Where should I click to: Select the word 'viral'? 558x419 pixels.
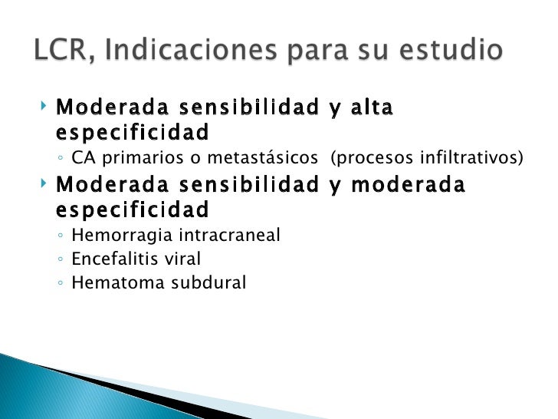coord(183,259)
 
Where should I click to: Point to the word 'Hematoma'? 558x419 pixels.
coord(111,283)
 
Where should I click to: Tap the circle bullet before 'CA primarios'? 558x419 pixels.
coord(61,160)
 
